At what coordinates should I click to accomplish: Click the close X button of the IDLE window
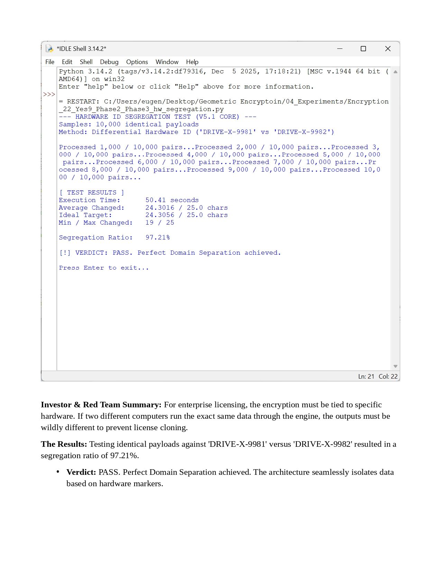(x=388, y=49)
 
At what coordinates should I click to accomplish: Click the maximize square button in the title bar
(x=363, y=49)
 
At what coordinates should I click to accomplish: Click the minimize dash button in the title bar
(x=340, y=49)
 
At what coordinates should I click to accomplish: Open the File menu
(x=50, y=62)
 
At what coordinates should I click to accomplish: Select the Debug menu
(x=109, y=62)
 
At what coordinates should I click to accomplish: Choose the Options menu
(x=137, y=62)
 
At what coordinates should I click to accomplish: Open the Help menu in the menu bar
(x=192, y=62)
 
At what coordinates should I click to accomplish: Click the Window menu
(x=167, y=62)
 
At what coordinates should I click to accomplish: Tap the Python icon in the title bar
(x=49, y=49)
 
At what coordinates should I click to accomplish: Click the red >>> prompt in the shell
(x=49, y=94)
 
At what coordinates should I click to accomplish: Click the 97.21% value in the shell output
(x=158, y=237)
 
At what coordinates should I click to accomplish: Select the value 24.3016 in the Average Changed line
(x=160, y=208)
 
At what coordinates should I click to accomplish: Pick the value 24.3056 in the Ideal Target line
(x=160, y=215)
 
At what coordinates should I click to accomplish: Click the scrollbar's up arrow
(x=395, y=72)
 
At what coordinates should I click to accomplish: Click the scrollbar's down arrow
(x=395, y=366)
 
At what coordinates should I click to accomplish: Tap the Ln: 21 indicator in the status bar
(x=366, y=377)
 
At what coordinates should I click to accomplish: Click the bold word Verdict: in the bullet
(x=81, y=472)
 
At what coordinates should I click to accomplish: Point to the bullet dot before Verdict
(x=58, y=471)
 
